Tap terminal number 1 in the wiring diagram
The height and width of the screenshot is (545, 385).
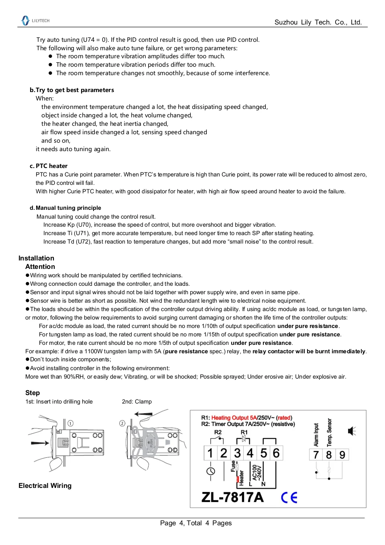[x=210, y=453]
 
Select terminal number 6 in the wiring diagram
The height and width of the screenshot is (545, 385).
[x=276, y=453]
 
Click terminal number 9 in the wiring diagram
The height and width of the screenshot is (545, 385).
[x=342, y=455]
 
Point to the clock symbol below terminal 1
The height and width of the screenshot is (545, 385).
[x=211, y=471]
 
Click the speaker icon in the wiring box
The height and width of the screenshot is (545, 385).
[x=352, y=431]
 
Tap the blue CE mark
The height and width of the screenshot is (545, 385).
[x=289, y=498]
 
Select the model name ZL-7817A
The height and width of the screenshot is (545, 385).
[x=232, y=498]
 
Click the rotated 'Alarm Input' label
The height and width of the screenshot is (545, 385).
[x=316, y=434]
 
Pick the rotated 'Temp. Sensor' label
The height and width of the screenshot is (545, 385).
[x=329, y=432]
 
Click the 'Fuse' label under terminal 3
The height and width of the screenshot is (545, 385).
[x=233, y=466]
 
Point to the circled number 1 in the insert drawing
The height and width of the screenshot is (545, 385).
[x=71, y=423]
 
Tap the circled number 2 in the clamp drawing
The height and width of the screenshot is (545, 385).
[x=122, y=423]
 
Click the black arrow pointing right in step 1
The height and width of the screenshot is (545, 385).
[x=40, y=443]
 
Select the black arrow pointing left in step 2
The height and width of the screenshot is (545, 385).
[x=143, y=414]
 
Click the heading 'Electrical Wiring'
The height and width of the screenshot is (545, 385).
[x=45, y=486]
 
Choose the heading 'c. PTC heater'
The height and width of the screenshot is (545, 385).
[x=49, y=166]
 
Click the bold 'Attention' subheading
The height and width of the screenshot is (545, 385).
[x=40, y=266]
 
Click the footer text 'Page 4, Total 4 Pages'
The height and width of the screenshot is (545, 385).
[x=196, y=523]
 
